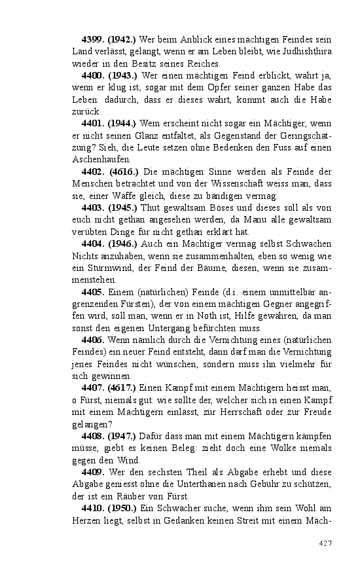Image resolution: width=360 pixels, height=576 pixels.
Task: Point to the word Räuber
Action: coord(128,496)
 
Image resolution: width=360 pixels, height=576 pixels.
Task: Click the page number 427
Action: coord(325,543)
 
